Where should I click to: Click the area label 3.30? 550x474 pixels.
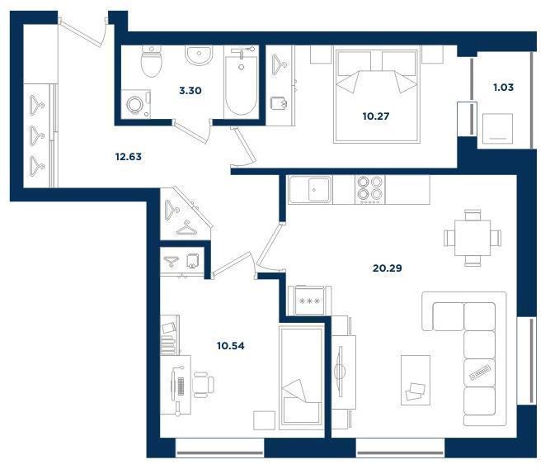tap(190, 91)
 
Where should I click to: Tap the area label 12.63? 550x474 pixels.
tap(129, 157)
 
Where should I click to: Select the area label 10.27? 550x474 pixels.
tap(376, 116)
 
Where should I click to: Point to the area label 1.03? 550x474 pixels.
tap(503, 88)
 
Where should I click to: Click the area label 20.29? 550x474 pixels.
tap(388, 268)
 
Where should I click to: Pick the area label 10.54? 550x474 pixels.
tap(230, 346)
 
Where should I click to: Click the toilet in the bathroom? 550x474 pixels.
tap(152, 61)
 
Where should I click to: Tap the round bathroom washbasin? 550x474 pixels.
tap(199, 55)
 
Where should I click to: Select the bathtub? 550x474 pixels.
tap(241, 83)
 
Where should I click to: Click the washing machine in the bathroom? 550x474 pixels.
tap(136, 104)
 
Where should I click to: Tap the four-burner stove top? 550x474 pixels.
tap(369, 190)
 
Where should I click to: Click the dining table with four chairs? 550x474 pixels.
tap(472, 238)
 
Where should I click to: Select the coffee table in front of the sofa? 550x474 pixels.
tap(416, 380)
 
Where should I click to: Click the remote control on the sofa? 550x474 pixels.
tap(479, 372)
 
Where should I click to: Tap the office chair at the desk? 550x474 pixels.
tap(204, 384)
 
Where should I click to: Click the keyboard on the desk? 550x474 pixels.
tap(181, 386)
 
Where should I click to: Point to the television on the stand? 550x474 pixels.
tap(340, 372)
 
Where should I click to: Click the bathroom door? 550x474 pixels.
tap(192, 132)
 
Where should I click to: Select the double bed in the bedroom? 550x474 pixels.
tap(376, 96)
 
